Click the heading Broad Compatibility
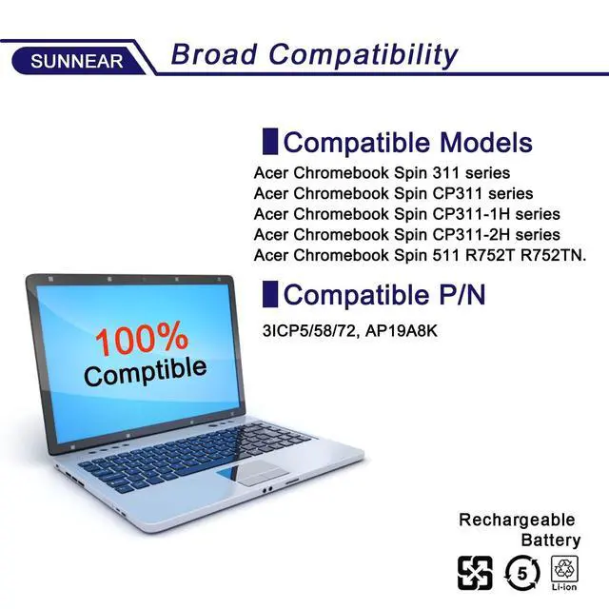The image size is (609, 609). pyautogui.click(x=314, y=54)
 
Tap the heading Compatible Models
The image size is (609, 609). pyautogui.click(x=407, y=143)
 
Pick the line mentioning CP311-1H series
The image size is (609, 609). pyautogui.click(x=406, y=214)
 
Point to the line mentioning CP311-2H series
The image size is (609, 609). pyautogui.click(x=406, y=234)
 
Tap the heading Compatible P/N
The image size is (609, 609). pyautogui.click(x=384, y=295)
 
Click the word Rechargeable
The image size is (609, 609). pyautogui.click(x=517, y=520)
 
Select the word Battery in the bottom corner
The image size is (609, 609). pyautogui.click(x=549, y=540)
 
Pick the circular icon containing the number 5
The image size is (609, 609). pyautogui.click(x=523, y=573)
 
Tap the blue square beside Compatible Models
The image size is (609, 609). pyautogui.click(x=269, y=143)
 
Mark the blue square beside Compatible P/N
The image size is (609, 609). pyautogui.click(x=269, y=294)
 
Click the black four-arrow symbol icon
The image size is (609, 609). pyautogui.click(x=476, y=573)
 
